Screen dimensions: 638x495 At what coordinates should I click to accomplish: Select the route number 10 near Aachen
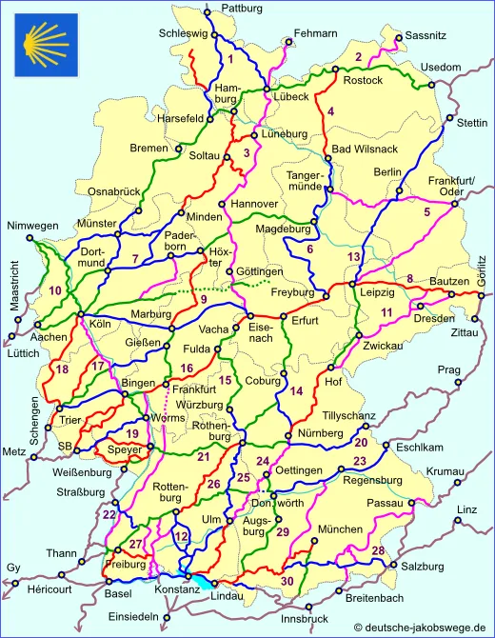click(55, 290)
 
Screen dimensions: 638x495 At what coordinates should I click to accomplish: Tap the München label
click(341, 528)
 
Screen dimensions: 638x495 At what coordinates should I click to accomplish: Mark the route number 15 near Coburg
click(226, 381)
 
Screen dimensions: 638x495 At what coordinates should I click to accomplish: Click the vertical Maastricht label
click(13, 285)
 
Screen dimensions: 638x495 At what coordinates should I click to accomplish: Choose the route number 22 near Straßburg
click(109, 515)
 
